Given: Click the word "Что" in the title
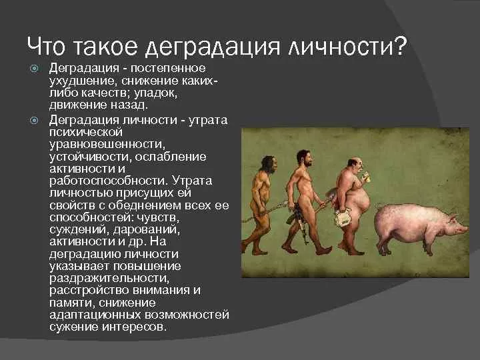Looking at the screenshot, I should [x=48, y=46].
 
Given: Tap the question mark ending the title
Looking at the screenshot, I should [x=399, y=46].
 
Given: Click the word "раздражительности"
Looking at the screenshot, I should [x=109, y=278].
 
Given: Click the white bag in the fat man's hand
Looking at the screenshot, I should [x=345, y=219].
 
